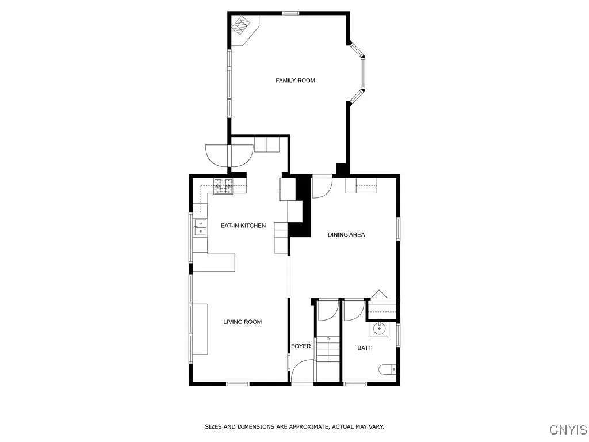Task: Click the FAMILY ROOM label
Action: pyautogui.click(x=295, y=81)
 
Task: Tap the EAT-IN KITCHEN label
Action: pyautogui.click(x=243, y=226)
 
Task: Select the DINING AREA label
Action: pyautogui.click(x=346, y=234)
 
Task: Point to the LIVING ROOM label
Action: pyautogui.click(x=242, y=322)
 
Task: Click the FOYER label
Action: pyautogui.click(x=301, y=346)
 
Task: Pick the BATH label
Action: pyautogui.click(x=365, y=348)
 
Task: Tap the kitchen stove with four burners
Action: pyautogui.click(x=224, y=185)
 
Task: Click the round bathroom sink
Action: pyautogui.click(x=379, y=329)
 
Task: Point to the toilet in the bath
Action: pyautogui.click(x=387, y=369)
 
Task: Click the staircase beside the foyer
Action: pyautogui.click(x=328, y=349)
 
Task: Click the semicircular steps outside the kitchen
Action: pyautogui.click(x=228, y=154)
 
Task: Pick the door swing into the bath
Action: pyautogui.click(x=353, y=311)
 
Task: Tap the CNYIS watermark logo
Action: pyautogui.click(x=568, y=429)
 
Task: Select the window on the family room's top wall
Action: pyautogui.click(x=290, y=13)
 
